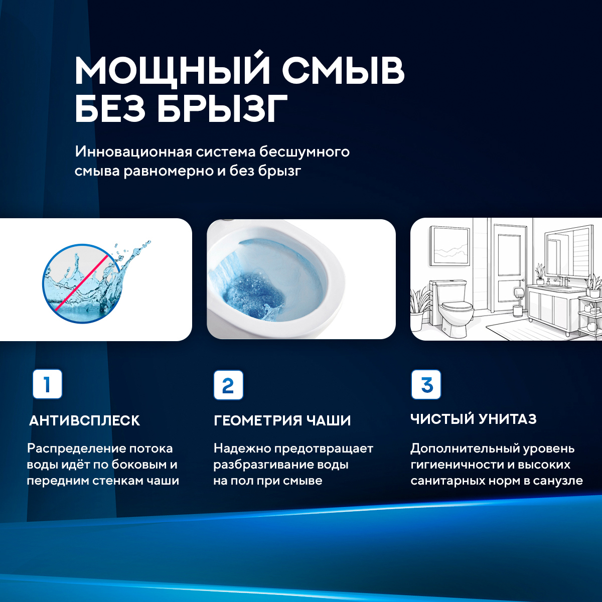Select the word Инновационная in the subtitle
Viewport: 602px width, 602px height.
(133, 152)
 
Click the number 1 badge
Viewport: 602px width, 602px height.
(47, 384)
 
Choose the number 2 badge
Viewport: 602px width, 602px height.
(228, 385)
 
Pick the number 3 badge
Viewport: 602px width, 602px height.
(426, 385)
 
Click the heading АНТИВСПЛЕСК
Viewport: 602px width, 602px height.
(84, 420)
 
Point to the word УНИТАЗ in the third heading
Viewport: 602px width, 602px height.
(507, 419)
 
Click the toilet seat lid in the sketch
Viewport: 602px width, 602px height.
(457, 306)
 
